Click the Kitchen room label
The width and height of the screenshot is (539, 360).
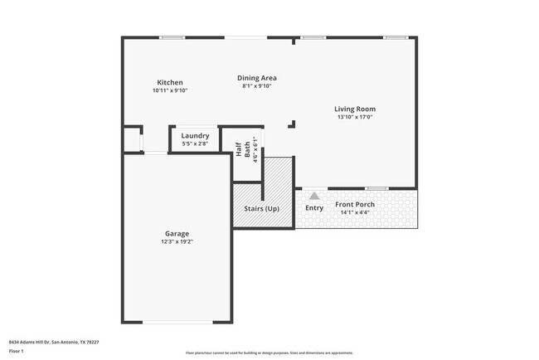pyautogui.click(x=170, y=82)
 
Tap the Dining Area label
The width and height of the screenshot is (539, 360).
pyautogui.click(x=257, y=77)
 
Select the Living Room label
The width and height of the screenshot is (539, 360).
pyautogui.click(x=355, y=109)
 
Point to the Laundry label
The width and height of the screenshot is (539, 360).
pyautogui.click(x=195, y=135)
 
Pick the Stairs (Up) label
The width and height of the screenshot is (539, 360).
pyautogui.click(x=261, y=208)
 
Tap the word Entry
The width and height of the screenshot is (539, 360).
pyautogui.click(x=314, y=207)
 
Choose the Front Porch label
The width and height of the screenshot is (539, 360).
pyautogui.click(x=355, y=204)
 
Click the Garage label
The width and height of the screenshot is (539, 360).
pyautogui.click(x=177, y=234)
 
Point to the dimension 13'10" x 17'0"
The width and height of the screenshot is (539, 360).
pyautogui.click(x=355, y=117)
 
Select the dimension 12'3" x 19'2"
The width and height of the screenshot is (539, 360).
pyautogui.click(x=177, y=242)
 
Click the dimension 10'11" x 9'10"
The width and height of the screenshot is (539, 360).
pyautogui.click(x=170, y=90)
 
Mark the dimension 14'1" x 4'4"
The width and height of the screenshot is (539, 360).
pyautogui.click(x=355, y=212)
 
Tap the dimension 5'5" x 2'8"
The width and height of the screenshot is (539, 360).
pyautogui.click(x=195, y=144)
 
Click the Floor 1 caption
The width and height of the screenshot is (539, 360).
pyautogui.click(x=17, y=351)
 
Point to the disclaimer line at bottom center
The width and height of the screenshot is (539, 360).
pyautogui.click(x=269, y=353)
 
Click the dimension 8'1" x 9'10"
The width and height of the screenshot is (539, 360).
pyautogui.click(x=257, y=85)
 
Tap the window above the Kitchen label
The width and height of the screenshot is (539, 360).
pyautogui.click(x=172, y=36)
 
